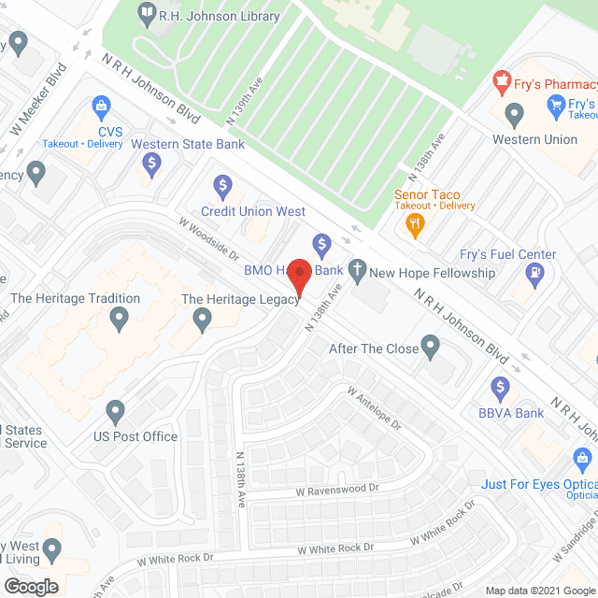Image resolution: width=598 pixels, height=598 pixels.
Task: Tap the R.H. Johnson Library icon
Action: tap(147, 14)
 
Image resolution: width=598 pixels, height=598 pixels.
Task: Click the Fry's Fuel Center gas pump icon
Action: tap(535, 274)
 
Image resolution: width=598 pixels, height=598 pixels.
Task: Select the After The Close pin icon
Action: tap(430, 349)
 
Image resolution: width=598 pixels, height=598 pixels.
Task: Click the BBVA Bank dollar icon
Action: tap(500, 388)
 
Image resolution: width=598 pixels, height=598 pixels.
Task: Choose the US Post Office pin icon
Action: tap(115, 411)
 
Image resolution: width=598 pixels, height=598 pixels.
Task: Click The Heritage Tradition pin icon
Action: tap(119, 320)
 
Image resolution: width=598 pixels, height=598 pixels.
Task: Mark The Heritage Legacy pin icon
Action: tap(203, 320)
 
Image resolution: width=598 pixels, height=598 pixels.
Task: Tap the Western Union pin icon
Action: tap(513, 115)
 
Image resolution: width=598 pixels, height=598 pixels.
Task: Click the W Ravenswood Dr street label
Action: tap(338, 489)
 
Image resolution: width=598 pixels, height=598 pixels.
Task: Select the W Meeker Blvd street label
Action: tap(34, 101)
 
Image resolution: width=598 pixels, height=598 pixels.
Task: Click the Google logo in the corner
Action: tap(31, 587)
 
